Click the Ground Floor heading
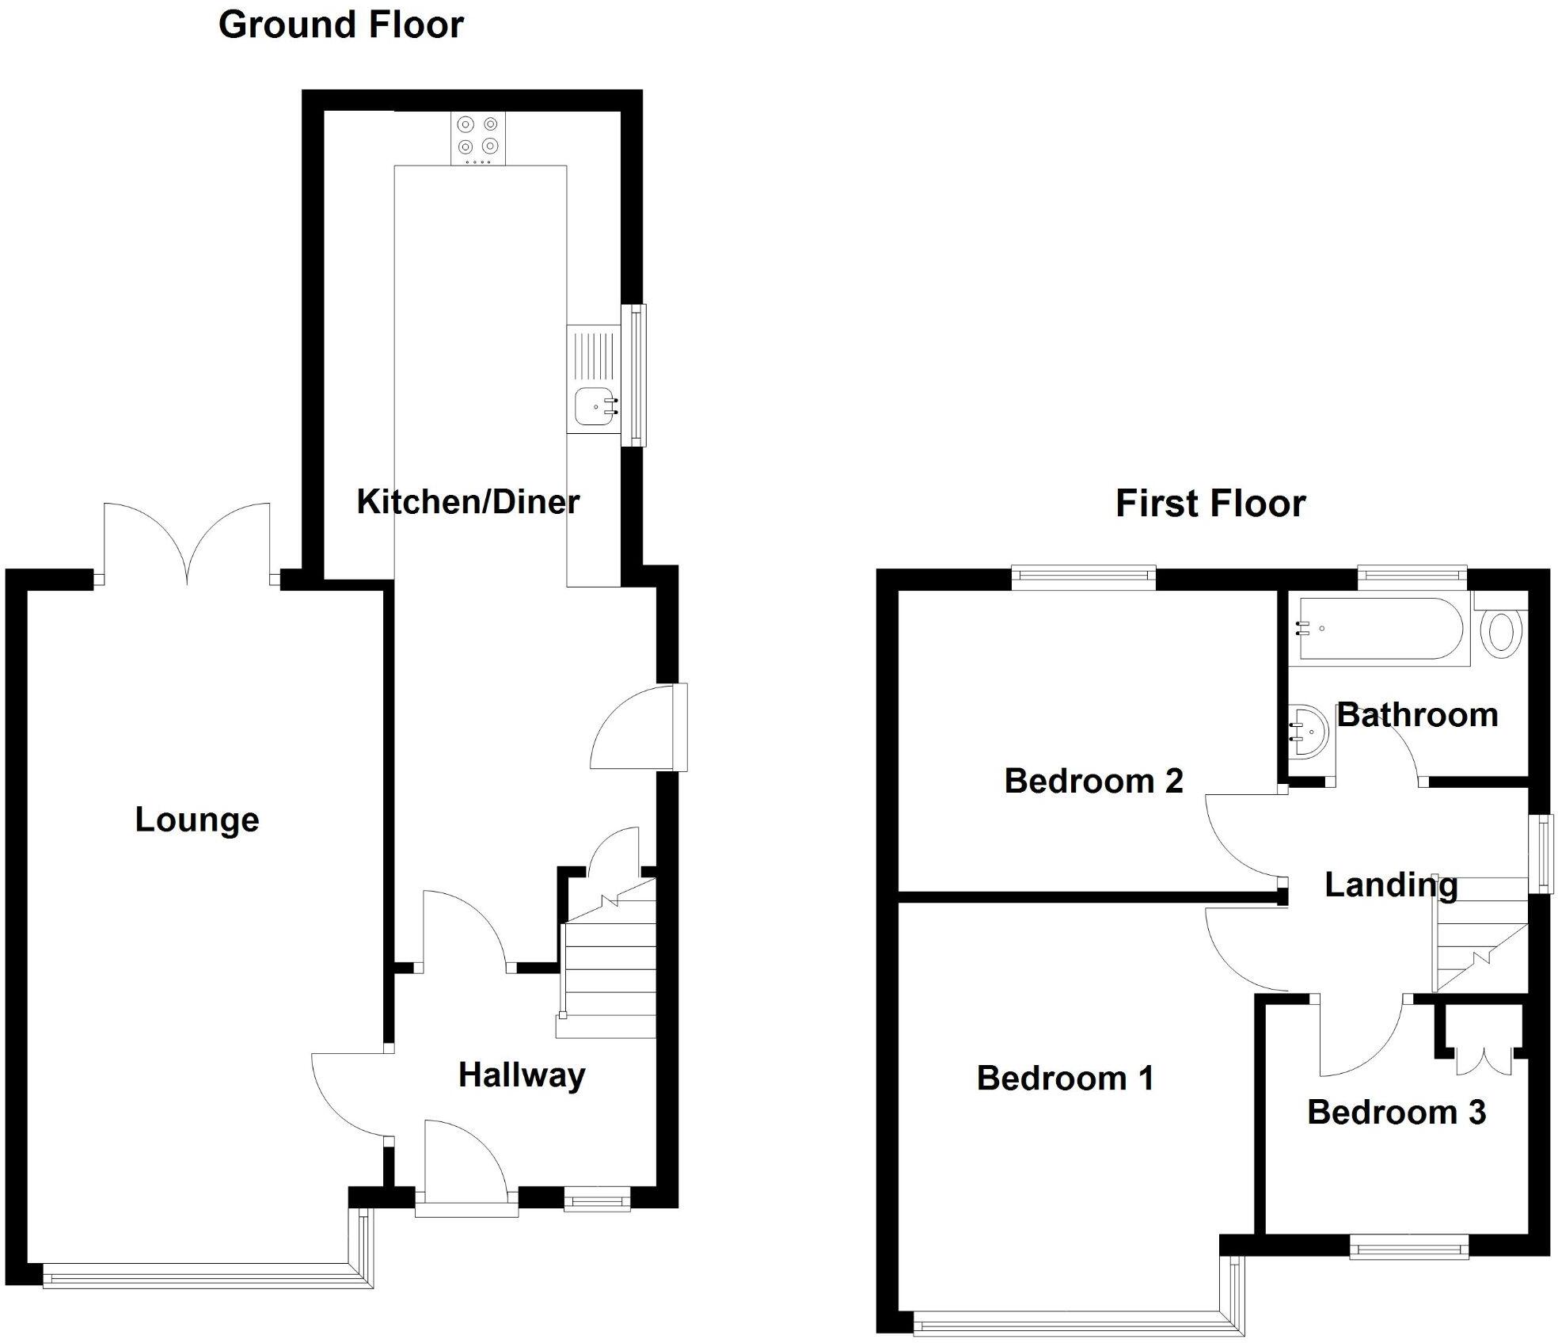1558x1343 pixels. point(340,25)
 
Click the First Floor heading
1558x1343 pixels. point(1210,504)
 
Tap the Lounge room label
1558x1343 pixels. point(197,820)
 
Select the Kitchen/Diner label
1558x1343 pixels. point(468,502)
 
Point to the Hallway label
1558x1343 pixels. point(522,1075)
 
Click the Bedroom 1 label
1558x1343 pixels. point(1065,1079)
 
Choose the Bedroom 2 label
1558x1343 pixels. point(1093,782)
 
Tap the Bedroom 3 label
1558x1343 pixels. point(1396,1113)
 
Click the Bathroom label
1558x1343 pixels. point(1417,715)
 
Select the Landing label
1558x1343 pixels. point(1391,885)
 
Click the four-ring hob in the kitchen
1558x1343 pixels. point(478,138)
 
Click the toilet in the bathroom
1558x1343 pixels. point(1501,632)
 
